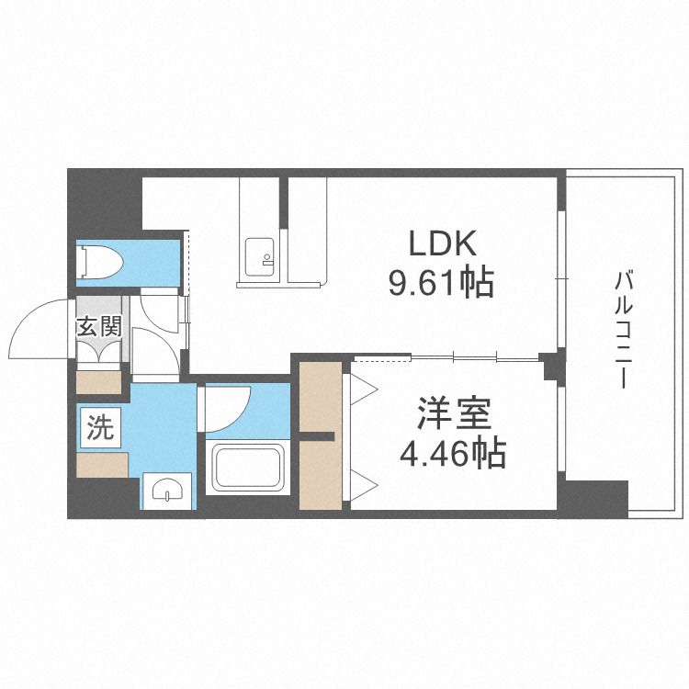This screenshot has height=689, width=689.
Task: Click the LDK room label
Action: pyautogui.click(x=443, y=243)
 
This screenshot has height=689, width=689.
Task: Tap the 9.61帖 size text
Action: pyautogui.click(x=441, y=283)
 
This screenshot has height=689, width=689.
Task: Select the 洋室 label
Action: pyautogui.click(x=453, y=413)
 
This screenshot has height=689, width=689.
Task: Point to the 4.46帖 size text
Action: pyautogui.click(x=453, y=453)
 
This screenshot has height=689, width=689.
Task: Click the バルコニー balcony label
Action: pyautogui.click(x=623, y=330)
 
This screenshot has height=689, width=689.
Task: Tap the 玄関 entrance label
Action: pyautogui.click(x=99, y=327)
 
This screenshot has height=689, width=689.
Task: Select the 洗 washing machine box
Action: pyautogui.click(x=101, y=427)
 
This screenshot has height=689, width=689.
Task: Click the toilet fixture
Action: pyautogui.click(x=100, y=263)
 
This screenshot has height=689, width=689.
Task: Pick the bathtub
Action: pyautogui.click(x=247, y=467)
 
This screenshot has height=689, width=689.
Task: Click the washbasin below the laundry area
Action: pyautogui.click(x=167, y=490)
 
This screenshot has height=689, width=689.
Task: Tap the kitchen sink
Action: pyautogui.click(x=259, y=257)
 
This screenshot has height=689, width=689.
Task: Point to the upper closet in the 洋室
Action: pyautogui.click(x=321, y=397)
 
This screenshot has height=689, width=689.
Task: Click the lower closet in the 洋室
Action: pyautogui.click(x=321, y=475)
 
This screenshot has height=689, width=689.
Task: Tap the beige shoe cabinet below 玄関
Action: pyautogui.click(x=99, y=382)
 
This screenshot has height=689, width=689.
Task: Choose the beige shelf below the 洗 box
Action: pyautogui.click(x=102, y=465)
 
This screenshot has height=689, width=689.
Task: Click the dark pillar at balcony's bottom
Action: pyautogui.click(x=593, y=499)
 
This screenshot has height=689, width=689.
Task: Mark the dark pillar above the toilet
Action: pyautogui.click(x=105, y=204)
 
